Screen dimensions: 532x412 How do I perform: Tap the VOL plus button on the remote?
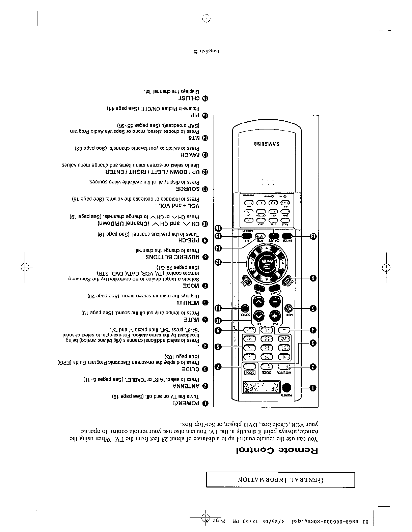pyautogui.click(x=275, y=316)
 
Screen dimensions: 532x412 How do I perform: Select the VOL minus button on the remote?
pyautogui.click(x=275, y=301)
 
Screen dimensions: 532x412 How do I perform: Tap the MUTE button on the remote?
pyautogui.click(x=288, y=308)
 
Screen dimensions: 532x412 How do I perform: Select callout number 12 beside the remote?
pyautogui.click(x=218, y=262)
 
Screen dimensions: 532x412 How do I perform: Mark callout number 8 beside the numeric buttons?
pyautogui.click(x=218, y=347)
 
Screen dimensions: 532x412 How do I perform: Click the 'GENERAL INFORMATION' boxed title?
pyautogui.click(x=280, y=480)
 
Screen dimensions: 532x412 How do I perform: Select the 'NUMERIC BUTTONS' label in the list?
pyautogui.click(x=173, y=257)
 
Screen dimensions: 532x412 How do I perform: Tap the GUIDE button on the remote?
pyautogui.click(x=267, y=367)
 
